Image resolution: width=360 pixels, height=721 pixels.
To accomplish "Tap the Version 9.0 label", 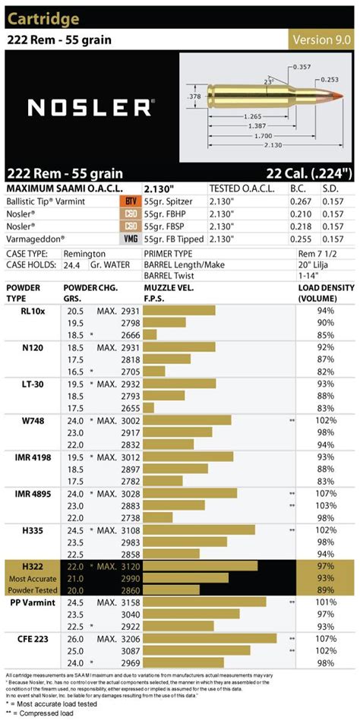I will tap(322, 40).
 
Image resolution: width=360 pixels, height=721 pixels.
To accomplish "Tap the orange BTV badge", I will tap(130, 201).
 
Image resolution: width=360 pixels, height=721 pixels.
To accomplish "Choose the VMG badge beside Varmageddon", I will tap(130, 238).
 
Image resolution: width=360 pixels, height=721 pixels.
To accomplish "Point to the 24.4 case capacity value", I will tap(72, 267).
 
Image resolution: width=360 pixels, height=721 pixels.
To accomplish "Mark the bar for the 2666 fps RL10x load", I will tap(150, 334).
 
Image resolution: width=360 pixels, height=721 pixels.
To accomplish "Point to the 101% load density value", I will tap(326, 602).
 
